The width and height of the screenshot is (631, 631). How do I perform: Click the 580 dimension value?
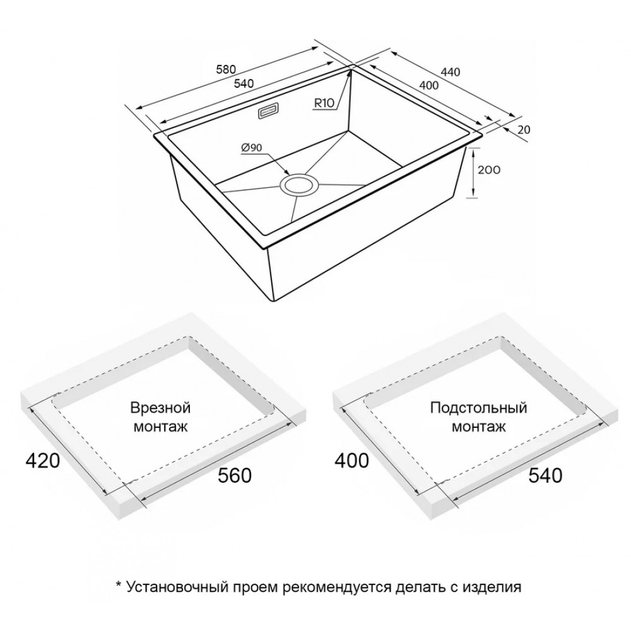[226, 69]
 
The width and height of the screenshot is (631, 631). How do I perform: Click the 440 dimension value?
[451, 72]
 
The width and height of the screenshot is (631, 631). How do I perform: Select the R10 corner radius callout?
[324, 103]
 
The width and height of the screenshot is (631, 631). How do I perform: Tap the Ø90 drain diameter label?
[252, 148]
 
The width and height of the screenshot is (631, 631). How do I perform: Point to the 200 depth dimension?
[489, 170]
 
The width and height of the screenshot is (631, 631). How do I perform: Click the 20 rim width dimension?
[524, 129]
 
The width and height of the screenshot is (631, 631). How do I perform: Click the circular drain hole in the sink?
[299, 186]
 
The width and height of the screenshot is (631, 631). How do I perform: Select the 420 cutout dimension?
[43, 461]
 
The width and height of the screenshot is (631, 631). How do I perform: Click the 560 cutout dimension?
[235, 475]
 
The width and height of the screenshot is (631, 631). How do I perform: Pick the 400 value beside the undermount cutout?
[351, 461]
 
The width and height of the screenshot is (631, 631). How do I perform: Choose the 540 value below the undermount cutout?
[545, 476]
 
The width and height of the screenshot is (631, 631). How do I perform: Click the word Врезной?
[160, 408]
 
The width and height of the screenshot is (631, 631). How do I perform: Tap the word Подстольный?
[478, 408]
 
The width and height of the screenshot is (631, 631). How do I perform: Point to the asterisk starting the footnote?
[119, 584]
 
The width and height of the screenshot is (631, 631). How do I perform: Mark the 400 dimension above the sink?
[428, 85]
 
